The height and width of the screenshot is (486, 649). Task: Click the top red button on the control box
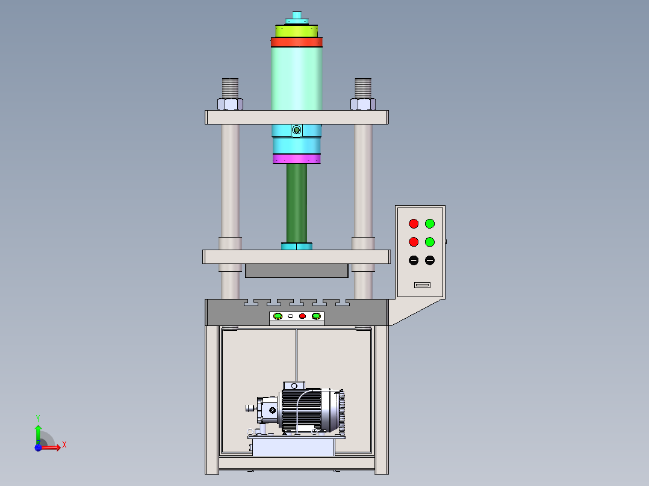414,224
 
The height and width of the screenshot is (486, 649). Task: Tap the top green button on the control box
430,224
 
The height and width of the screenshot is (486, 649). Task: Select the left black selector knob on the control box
414,260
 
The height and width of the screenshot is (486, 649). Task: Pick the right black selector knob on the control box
430,260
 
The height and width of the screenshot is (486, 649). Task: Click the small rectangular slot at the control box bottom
422,285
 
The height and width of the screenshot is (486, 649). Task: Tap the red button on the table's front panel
303,316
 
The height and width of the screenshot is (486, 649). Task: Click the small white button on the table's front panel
291,316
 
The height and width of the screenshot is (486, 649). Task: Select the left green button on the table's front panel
278,316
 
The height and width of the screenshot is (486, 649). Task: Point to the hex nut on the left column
230,104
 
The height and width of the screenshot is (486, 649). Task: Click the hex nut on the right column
363,104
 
